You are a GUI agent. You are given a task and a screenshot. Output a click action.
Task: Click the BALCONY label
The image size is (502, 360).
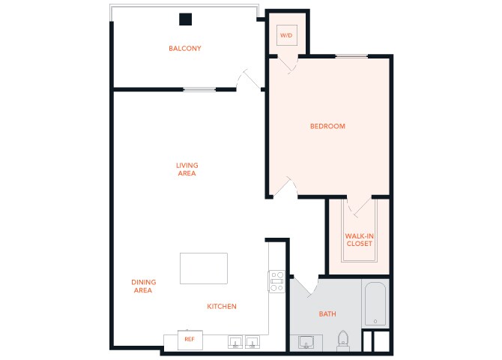[184, 49]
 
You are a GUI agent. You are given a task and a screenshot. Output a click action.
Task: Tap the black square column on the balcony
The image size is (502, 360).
[185, 19]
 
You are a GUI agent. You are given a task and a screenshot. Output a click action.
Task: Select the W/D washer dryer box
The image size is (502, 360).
[285, 35]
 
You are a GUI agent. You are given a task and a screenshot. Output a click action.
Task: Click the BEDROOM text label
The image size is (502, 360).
[327, 126]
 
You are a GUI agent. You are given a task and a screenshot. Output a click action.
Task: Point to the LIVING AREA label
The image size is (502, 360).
[187, 169]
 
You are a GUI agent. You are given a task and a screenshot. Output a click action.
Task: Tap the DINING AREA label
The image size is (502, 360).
[142, 286]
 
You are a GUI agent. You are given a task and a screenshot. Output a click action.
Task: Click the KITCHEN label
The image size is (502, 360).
[222, 306]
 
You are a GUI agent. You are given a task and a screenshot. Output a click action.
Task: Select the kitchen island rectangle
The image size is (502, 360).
[203, 268]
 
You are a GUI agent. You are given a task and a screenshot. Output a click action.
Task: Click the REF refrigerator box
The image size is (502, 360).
[190, 339]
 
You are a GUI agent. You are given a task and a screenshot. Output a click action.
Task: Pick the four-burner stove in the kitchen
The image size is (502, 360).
[276, 281]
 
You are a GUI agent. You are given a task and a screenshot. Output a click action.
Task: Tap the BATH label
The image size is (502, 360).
[327, 314]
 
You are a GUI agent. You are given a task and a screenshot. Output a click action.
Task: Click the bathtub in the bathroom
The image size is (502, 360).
[375, 303]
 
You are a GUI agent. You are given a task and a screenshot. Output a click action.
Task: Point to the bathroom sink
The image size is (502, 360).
[306, 342]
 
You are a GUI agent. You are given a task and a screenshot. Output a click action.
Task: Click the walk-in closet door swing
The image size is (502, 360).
[355, 207]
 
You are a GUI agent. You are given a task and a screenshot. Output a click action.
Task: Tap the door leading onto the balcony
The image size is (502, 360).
[247, 78]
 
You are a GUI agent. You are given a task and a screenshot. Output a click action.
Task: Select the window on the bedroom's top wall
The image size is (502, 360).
[351, 56]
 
